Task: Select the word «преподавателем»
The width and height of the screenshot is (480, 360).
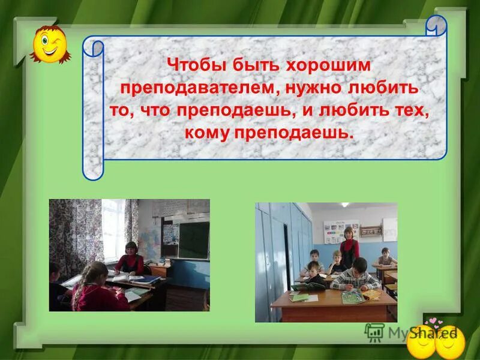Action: pyautogui.click(x=197, y=88)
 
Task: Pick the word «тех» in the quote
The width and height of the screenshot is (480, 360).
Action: pyautogui.click(x=412, y=110)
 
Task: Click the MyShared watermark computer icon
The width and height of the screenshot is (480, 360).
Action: pyautogui.click(x=374, y=332)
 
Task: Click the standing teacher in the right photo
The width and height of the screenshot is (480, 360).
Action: pyautogui.click(x=349, y=245)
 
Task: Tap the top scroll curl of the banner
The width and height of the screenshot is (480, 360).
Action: pyautogui.click(x=436, y=26)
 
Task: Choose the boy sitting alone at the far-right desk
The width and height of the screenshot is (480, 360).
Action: pyautogui.click(x=385, y=258)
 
